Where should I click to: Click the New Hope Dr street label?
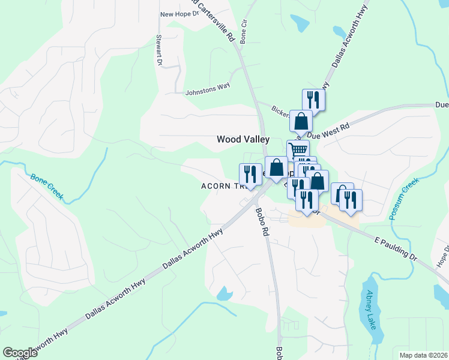[179, 14]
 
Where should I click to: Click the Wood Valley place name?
[243, 139]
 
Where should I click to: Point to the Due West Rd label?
[329, 132]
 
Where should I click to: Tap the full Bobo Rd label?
[261, 221]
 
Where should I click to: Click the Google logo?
[20, 353]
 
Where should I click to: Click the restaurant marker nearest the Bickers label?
[313, 98]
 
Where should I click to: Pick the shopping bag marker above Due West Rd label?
[301, 121]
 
